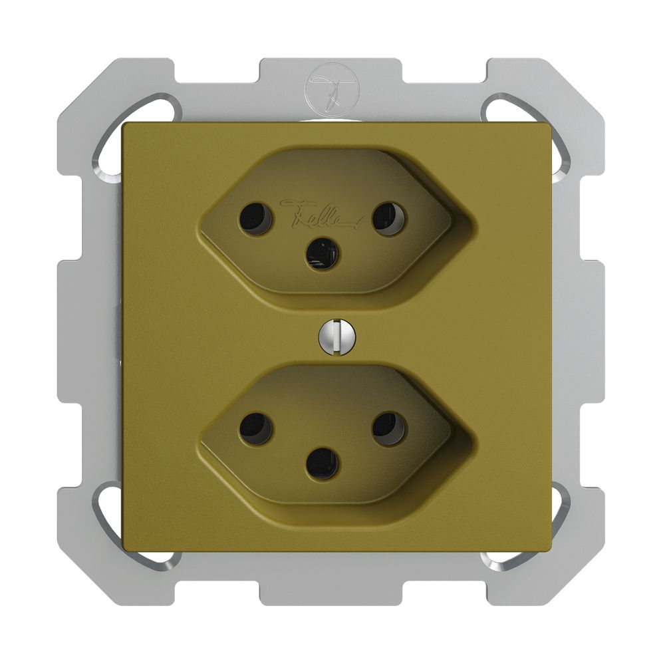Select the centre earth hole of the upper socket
tap(322, 255)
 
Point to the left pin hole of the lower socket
tap(256, 429)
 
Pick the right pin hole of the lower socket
tap(388, 429)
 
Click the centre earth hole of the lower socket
tap(322, 464)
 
